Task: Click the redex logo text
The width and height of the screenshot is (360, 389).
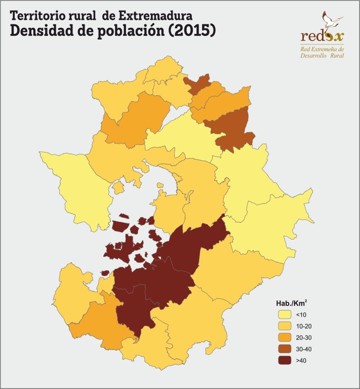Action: pyautogui.click(x=322, y=36)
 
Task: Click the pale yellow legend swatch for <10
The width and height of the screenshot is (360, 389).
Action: pyautogui.click(x=285, y=315)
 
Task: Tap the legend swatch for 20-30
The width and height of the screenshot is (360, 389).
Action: pyautogui.click(x=285, y=337)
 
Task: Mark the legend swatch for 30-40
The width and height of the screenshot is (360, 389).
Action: pyautogui.click(x=285, y=349)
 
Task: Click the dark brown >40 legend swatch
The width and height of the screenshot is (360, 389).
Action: pyautogui.click(x=285, y=361)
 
